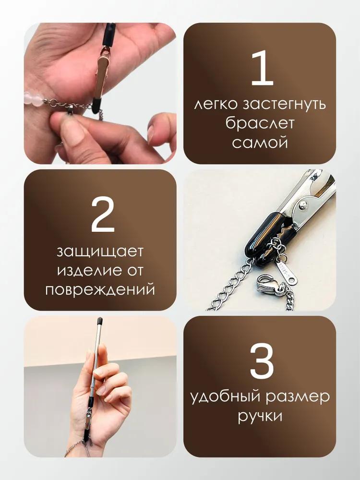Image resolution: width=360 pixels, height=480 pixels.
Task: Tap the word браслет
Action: click(x=260, y=123)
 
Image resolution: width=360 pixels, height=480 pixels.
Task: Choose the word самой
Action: click(x=260, y=143)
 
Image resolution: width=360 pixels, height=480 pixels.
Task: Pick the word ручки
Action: click(x=260, y=417)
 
